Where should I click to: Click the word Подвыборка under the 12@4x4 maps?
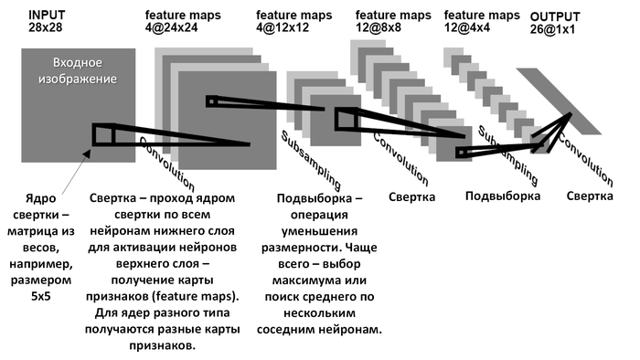coord(502,196)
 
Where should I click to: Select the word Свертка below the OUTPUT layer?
coord(590,196)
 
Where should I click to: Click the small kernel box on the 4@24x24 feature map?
coord(212,101)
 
